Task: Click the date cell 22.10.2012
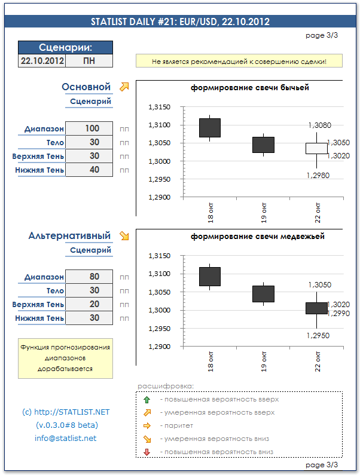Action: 42,60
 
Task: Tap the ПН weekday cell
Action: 89,60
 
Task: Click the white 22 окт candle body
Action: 316,148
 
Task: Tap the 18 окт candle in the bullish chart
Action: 210,128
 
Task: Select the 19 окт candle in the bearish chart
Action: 263,293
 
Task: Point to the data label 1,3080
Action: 319,125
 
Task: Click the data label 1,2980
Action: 318,175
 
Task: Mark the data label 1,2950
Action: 318,335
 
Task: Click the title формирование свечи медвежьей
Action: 258,236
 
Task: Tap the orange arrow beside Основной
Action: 124,87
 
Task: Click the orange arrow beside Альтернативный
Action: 124,235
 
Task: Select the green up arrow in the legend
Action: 147,399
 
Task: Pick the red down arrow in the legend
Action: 147,452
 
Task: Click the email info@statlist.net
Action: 65,438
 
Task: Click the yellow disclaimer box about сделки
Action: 239,61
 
